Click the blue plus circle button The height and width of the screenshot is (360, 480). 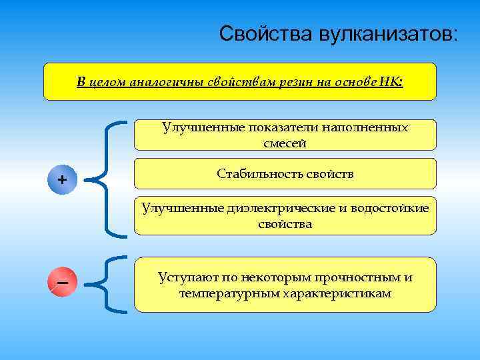(x=62, y=179)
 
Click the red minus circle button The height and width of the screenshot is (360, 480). (x=62, y=283)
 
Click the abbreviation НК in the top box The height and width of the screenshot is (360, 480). (x=391, y=82)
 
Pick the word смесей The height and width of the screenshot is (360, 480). (x=285, y=143)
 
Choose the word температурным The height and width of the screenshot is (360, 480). (x=223, y=293)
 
